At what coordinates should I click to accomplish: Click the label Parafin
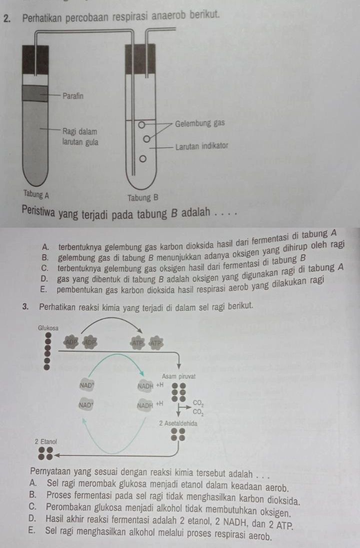click(x=73, y=95)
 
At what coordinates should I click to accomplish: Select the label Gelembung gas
click(x=200, y=123)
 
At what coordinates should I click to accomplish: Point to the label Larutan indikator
click(x=201, y=147)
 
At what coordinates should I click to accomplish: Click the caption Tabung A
click(x=35, y=194)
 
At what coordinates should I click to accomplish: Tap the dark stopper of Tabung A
click(x=35, y=60)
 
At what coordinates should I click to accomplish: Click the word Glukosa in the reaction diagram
click(x=48, y=327)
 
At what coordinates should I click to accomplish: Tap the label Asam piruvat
click(x=178, y=376)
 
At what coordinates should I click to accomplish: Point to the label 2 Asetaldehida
click(x=178, y=423)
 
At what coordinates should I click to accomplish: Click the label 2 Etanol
click(x=46, y=442)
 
